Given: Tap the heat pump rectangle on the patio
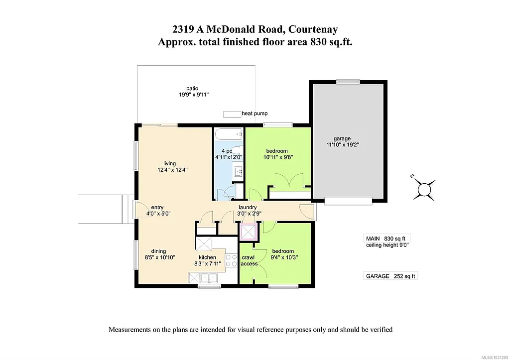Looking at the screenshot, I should point(231,114).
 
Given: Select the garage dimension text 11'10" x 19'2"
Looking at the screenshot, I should point(342,145).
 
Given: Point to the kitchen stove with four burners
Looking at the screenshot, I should point(231,260).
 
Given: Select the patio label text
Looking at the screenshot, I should point(185,88).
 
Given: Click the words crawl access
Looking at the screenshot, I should point(249,260).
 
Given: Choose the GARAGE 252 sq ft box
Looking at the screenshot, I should point(390,276).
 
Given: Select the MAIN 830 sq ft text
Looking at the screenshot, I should point(388,239).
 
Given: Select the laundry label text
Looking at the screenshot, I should point(248,207).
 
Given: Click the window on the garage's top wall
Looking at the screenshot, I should point(348,82).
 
